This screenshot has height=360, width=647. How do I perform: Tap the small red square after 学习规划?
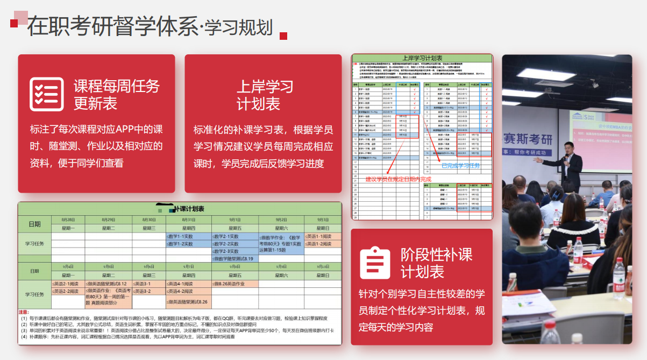tap(283, 36)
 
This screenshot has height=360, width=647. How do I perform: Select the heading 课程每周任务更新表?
tap(116, 94)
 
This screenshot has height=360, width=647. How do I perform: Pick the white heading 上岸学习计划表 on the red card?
tap(265, 95)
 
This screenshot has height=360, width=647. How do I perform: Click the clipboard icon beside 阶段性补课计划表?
tap(375, 263)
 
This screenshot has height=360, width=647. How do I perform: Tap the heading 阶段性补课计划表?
tap(436, 263)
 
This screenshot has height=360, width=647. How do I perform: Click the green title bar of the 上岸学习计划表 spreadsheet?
tap(422, 58)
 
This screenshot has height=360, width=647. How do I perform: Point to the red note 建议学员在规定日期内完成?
tap(398, 179)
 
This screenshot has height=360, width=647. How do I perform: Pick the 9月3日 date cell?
tap(323, 220)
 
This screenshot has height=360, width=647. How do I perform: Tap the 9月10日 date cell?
tap(323, 266)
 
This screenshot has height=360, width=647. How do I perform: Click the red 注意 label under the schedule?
tap(24, 312)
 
